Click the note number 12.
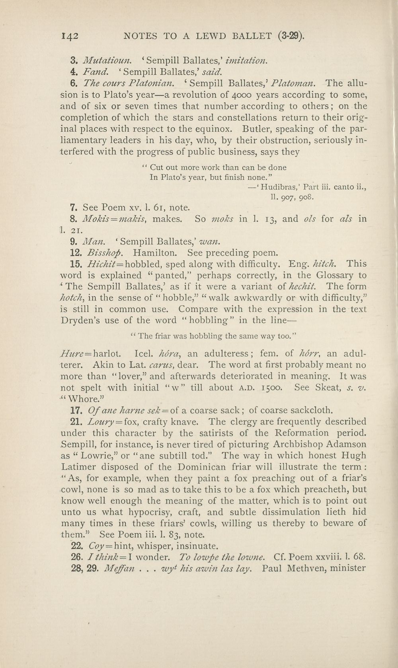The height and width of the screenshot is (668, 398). coord(75,252)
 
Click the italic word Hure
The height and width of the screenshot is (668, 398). coord(70,353)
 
